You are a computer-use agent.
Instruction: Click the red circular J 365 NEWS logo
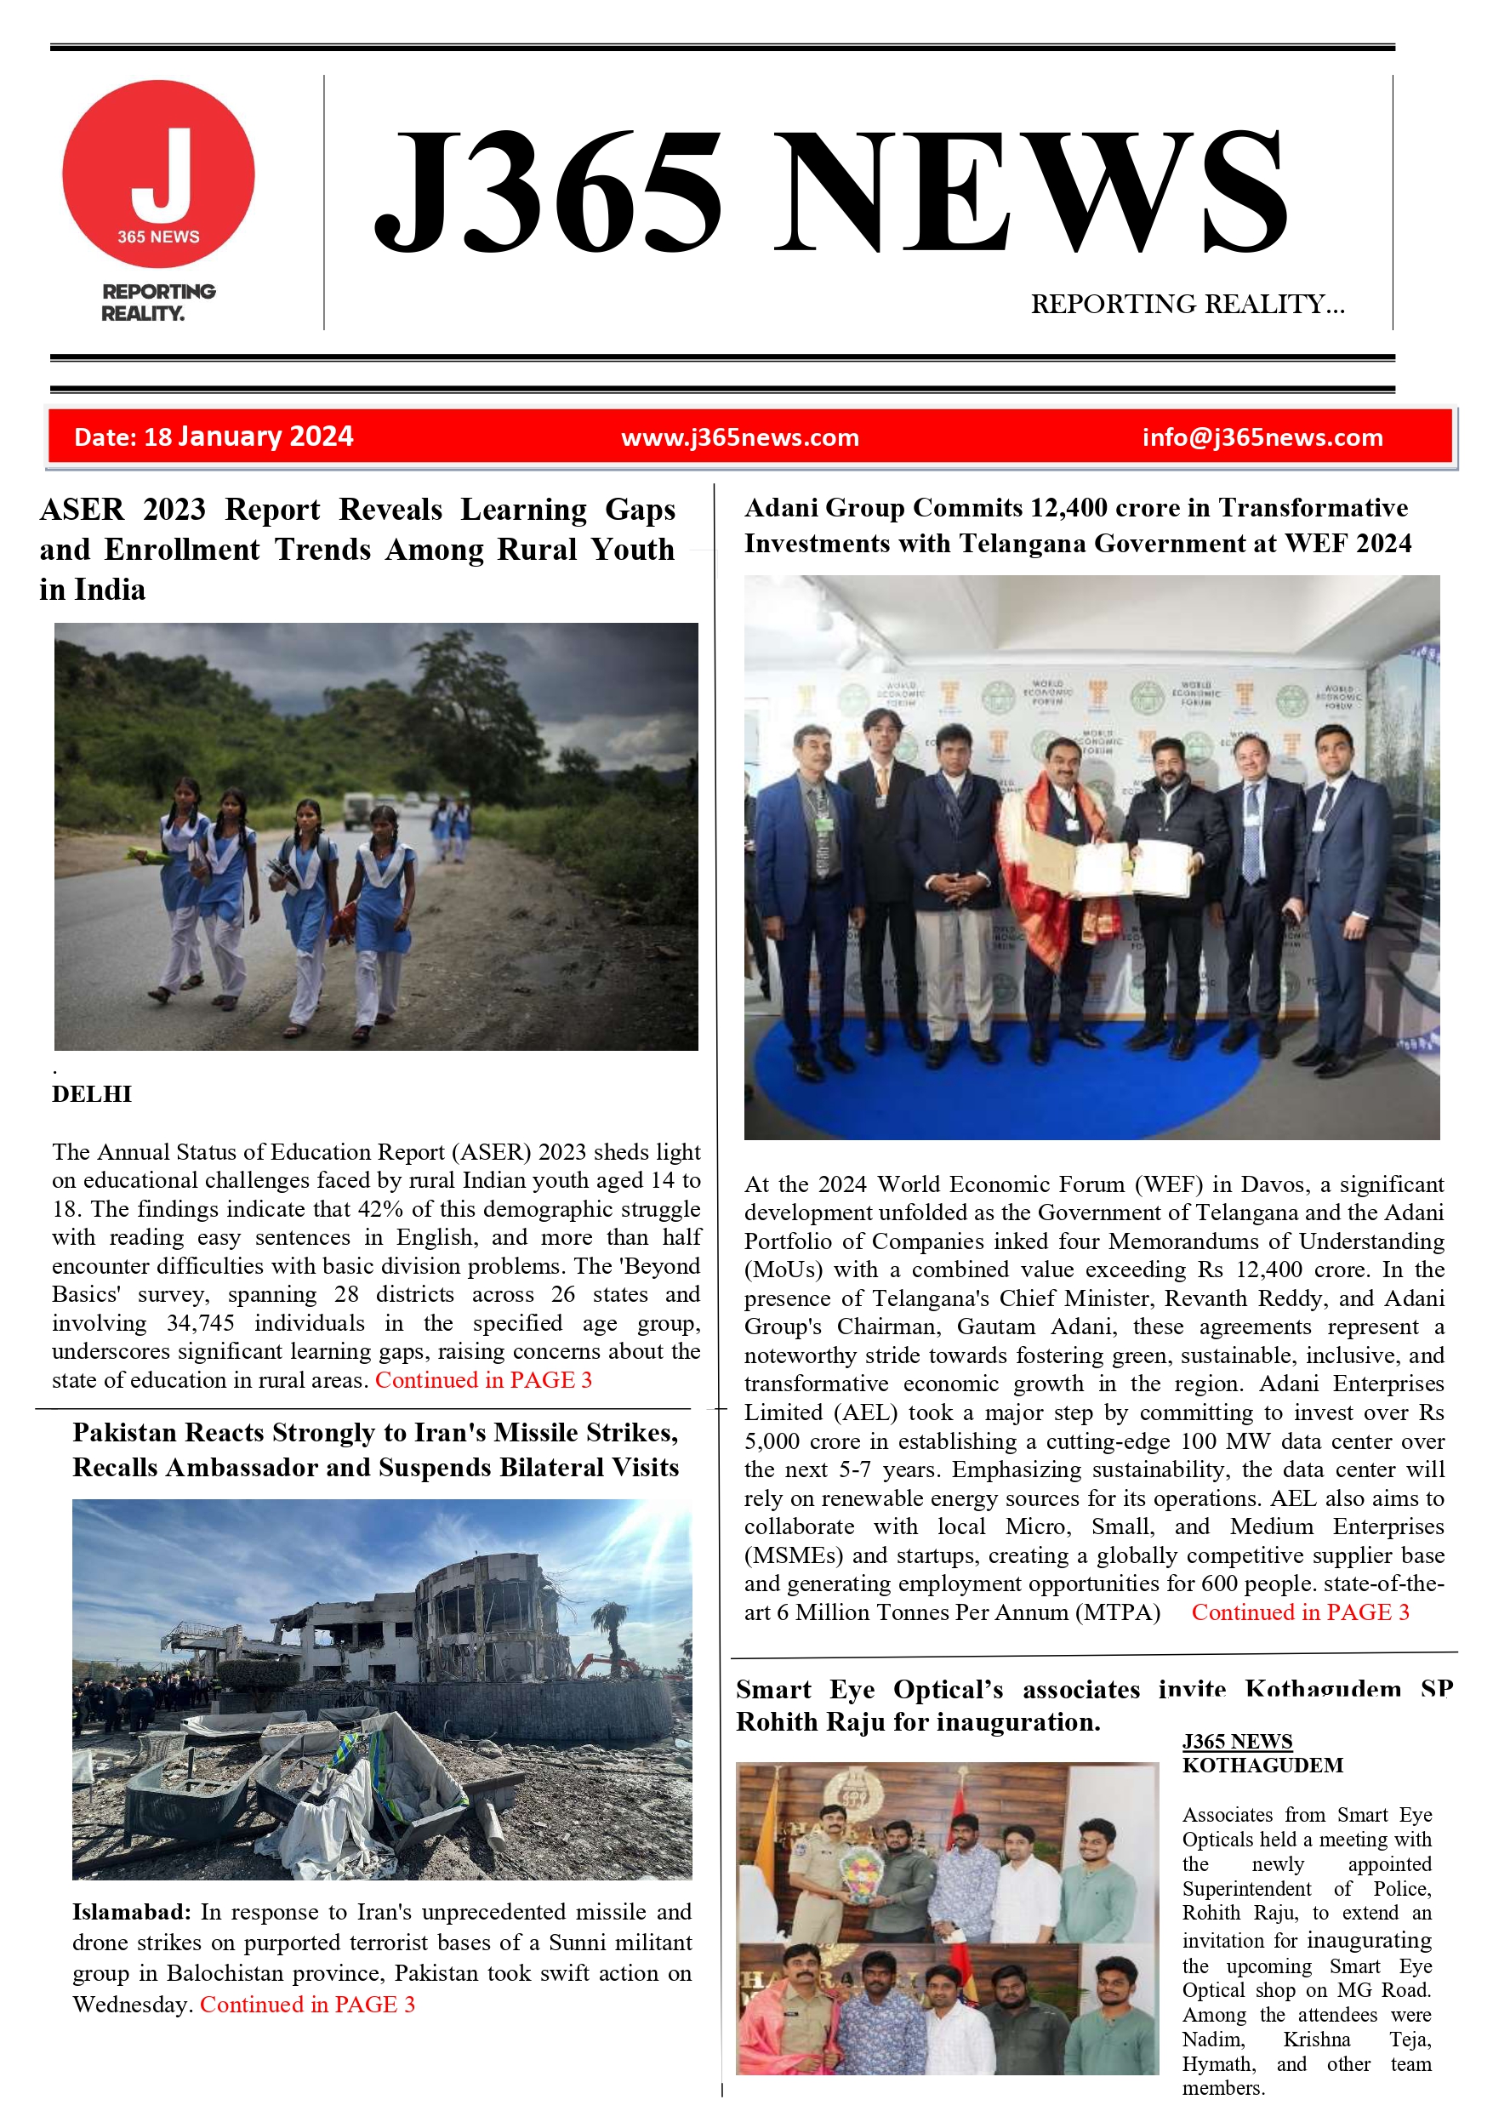click(x=158, y=174)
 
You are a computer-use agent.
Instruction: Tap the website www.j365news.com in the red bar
click(x=740, y=437)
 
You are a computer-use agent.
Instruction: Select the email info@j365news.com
click(x=1262, y=437)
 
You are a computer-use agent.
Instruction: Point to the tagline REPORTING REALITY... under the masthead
click(x=1187, y=305)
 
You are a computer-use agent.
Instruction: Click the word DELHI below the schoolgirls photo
click(x=92, y=1094)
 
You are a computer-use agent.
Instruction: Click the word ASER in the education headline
click(x=81, y=510)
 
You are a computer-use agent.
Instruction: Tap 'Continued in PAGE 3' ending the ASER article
click(x=483, y=1380)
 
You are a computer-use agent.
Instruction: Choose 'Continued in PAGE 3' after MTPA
click(x=1300, y=1612)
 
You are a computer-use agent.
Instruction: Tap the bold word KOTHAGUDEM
click(x=1262, y=1766)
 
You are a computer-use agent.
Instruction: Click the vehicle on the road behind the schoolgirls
click(x=356, y=808)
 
